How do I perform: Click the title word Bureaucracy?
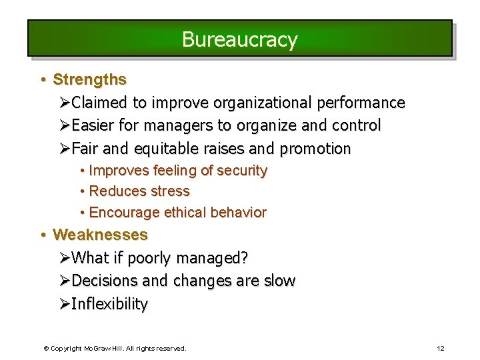coord(239,39)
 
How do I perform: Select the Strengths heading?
coord(89,79)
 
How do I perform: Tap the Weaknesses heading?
coord(100,235)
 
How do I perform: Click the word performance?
coord(361,103)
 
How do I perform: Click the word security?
coord(241,171)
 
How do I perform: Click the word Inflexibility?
coord(109,304)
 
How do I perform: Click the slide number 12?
coord(440,348)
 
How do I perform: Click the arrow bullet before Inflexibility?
coord(64,304)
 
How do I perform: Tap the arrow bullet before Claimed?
coord(64,103)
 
